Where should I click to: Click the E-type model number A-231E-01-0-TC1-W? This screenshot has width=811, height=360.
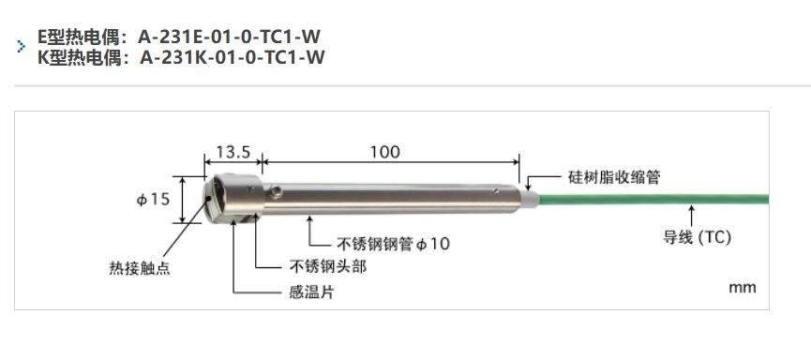pyautogui.click(x=230, y=37)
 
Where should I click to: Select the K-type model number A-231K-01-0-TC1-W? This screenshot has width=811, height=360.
pyautogui.click(x=232, y=57)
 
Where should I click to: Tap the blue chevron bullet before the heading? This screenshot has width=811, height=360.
pyautogui.click(x=22, y=47)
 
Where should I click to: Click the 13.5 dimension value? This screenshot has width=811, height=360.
pyautogui.click(x=233, y=152)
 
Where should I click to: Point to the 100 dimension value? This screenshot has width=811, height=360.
pyautogui.click(x=384, y=152)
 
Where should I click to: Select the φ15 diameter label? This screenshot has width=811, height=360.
pyautogui.click(x=154, y=200)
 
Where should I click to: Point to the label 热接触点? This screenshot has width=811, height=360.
pyautogui.click(x=141, y=267)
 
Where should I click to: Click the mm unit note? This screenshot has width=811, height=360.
pyautogui.click(x=742, y=288)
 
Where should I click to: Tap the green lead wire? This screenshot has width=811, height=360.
pyautogui.click(x=656, y=199)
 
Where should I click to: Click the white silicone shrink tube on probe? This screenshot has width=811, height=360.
pyautogui.click(x=531, y=198)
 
